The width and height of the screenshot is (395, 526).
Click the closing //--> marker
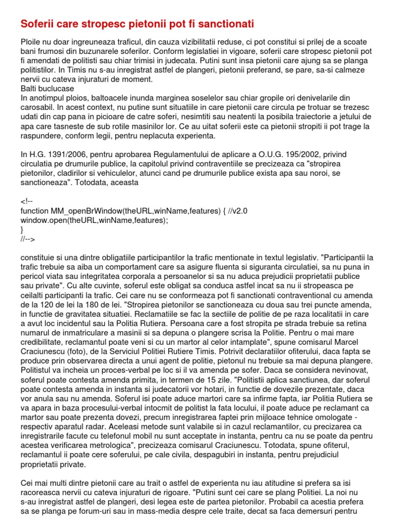[28, 239]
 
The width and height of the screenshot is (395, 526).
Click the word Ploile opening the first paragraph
[30, 42]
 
